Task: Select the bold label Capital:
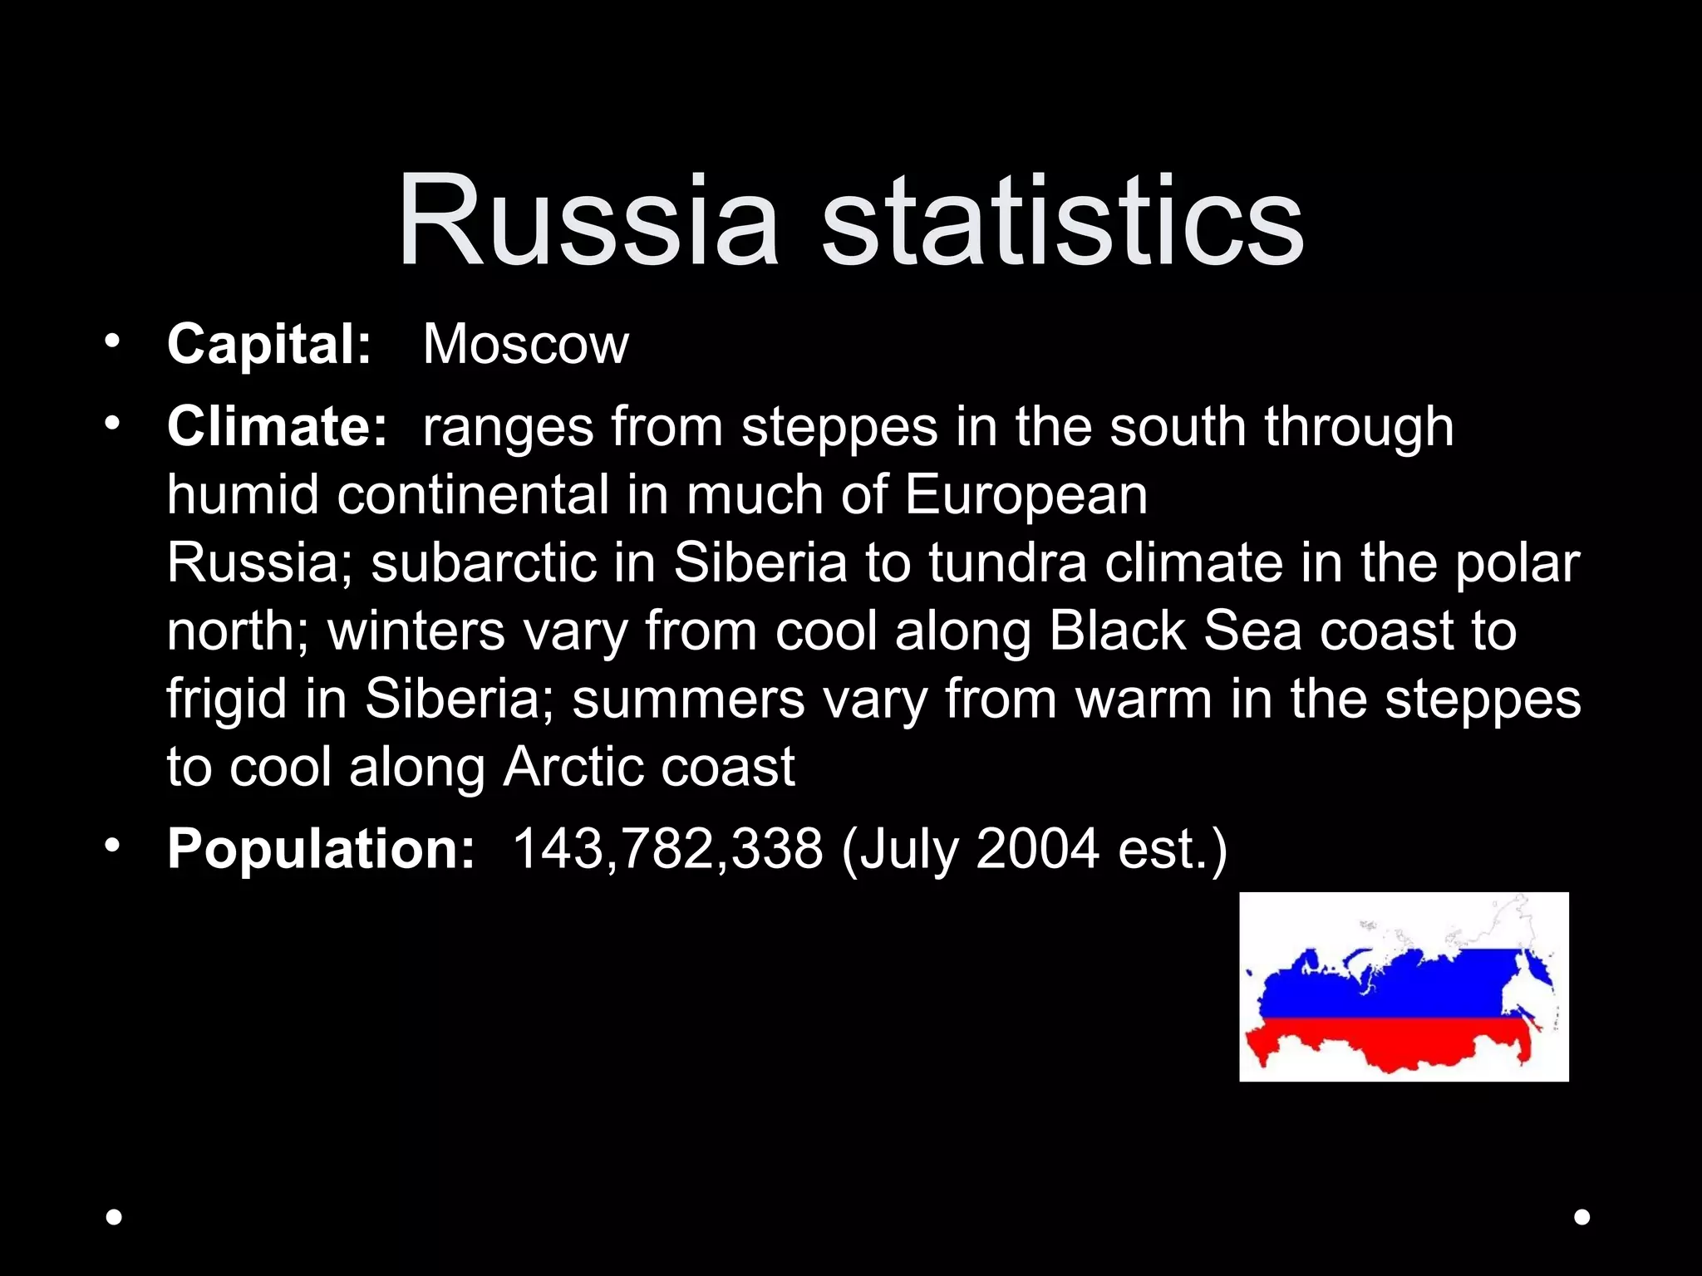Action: [268, 344]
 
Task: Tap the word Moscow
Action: [525, 344]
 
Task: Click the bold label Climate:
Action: [277, 426]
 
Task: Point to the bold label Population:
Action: [321, 849]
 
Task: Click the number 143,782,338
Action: [667, 849]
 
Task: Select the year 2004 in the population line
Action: [1037, 849]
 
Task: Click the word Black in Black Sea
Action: [1116, 631]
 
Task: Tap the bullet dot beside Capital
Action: [112, 341]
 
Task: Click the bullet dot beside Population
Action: [112, 846]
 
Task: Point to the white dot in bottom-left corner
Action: [115, 1217]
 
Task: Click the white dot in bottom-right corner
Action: [1582, 1217]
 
